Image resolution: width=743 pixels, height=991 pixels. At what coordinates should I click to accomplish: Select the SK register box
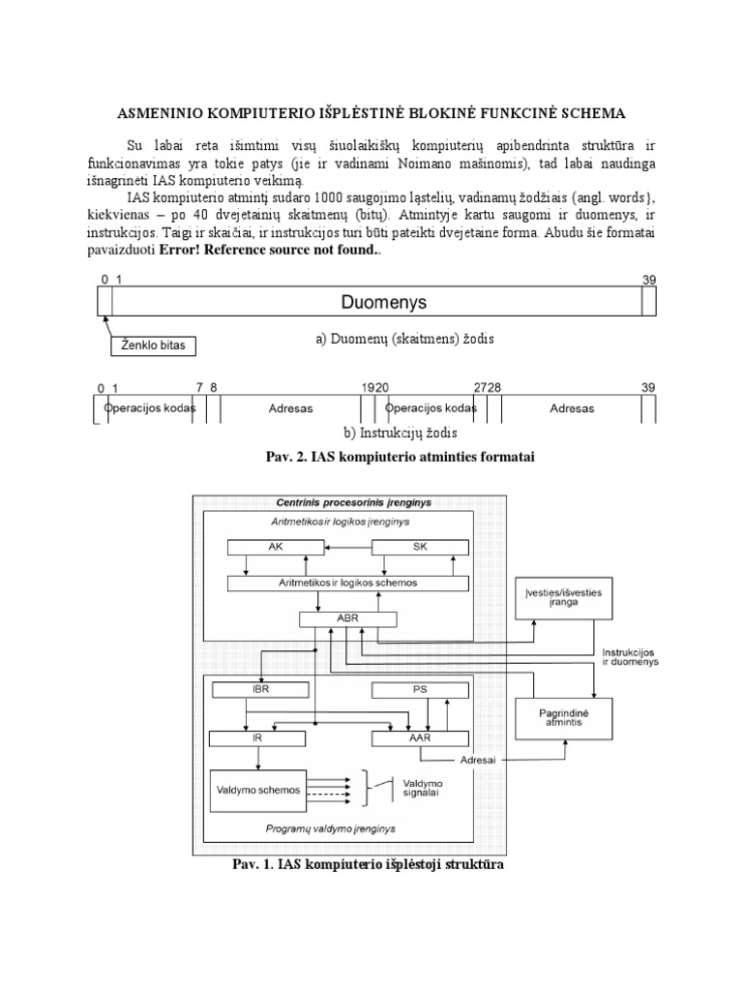[420, 546]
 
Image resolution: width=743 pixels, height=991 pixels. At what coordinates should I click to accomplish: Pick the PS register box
[420, 690]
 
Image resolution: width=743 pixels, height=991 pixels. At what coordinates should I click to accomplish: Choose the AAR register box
[420, 737]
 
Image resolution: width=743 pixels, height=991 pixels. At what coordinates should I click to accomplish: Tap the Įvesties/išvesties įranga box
[558, 594]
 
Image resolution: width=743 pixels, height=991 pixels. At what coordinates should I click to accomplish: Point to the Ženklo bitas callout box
[144, 344]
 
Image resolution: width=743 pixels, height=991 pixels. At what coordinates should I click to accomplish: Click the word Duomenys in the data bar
[371, 302]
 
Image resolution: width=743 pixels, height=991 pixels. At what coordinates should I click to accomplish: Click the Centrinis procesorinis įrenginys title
[340, 502]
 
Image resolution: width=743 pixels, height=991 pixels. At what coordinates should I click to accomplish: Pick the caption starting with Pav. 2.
[371, 457]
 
